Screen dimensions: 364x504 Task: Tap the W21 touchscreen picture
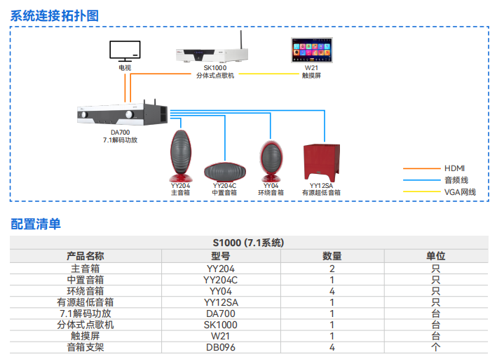(x=311, y=51)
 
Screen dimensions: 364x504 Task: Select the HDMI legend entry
(x=454, y=168)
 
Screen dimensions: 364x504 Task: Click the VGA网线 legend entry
(x=459, y=191)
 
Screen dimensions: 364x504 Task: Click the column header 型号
(x=221, y=256)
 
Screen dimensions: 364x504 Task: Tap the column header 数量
(x=332, y=256)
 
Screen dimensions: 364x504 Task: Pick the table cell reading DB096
(x=221, y=347)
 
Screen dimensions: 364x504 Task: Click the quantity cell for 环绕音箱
(x=332, y=290)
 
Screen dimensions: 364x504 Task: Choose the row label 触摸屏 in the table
(x=86, y=336)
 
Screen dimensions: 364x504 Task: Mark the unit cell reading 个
(x=435, y=347)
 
